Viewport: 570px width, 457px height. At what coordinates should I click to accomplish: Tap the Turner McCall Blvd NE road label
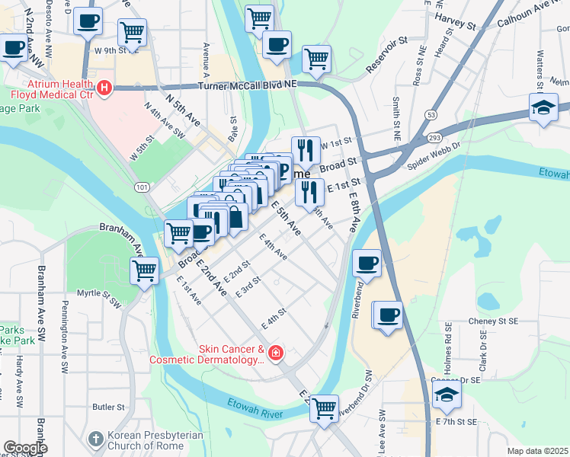click(x=247, y=87)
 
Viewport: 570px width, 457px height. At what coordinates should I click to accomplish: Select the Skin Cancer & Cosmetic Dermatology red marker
click(x=275, y=353)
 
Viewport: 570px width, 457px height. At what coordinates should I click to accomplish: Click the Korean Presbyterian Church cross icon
click(x=94, y=439)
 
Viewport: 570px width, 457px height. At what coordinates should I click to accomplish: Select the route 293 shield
click(x=435, y=137)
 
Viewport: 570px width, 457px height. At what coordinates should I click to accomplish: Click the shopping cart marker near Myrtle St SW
click(x=144, y=269)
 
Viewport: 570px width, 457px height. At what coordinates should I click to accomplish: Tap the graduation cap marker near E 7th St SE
click(x=447, y=394)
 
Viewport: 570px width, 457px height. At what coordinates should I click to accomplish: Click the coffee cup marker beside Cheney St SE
click(x=387, y=314)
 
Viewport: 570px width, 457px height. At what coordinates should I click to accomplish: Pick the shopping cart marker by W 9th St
click(x=132, y=32)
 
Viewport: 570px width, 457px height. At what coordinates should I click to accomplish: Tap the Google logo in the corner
click(x=26, y=447)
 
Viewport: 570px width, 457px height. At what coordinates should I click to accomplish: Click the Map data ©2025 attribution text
click(x=536, y=451)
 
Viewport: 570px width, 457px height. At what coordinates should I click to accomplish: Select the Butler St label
click(x=108, y=407)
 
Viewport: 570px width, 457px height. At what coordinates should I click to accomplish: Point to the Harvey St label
click(x=455, y=21)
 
